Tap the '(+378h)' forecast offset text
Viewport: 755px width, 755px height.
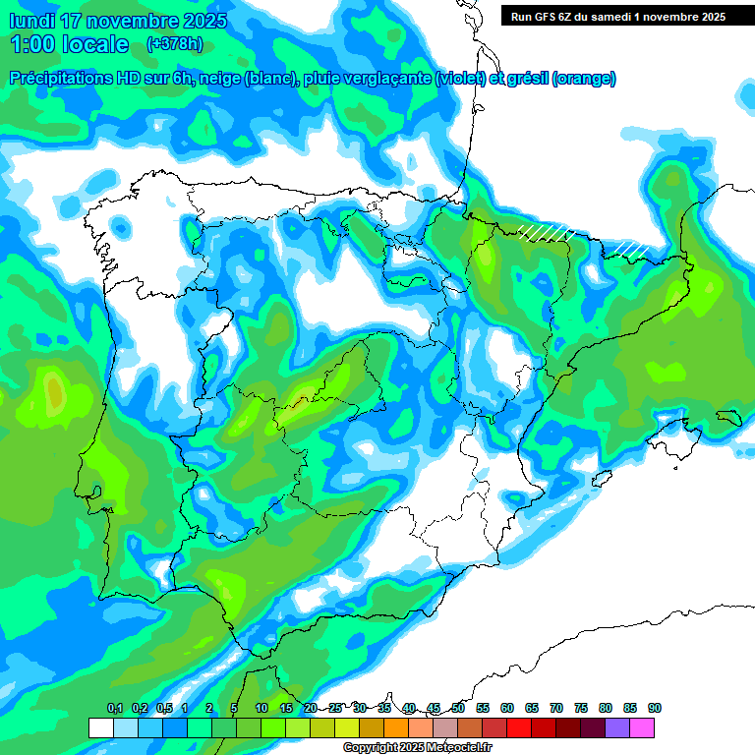click(x=174, y=43)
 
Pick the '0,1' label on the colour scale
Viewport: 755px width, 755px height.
click(x=115, y=709)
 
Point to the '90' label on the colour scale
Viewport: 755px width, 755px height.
click(x=654, y=709)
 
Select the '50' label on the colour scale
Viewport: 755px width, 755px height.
click(x=458, y=709)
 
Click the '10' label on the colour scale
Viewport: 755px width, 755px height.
click(x=261, y=709)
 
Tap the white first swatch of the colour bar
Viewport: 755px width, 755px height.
click(x=100, y=727)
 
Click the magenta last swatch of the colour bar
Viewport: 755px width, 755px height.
click(x=642, y=727)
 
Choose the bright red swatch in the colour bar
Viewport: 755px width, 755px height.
click(x=519, y=727)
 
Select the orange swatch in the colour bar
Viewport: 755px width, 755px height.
click(x=396, y=727)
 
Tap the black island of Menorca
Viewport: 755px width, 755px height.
click(x=728, y=417)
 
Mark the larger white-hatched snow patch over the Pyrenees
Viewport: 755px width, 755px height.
click(x=547, y=231)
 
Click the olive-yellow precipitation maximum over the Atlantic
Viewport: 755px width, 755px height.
click(x=55, y=393)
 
